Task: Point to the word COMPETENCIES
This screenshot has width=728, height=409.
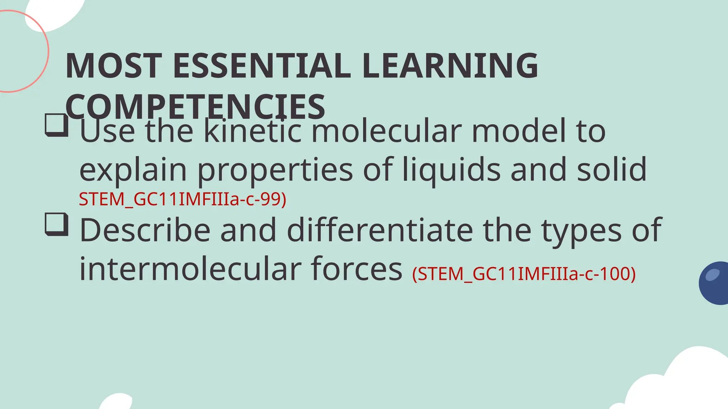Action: pos(195,107)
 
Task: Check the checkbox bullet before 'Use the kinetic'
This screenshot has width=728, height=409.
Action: pos(57,125)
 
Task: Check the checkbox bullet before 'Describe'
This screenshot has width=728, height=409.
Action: pos(57,224)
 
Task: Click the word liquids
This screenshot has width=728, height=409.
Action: pos(451,170)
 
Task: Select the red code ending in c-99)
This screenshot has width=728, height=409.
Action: pos(182,199)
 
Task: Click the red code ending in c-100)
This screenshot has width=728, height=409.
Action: pos(524,274)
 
